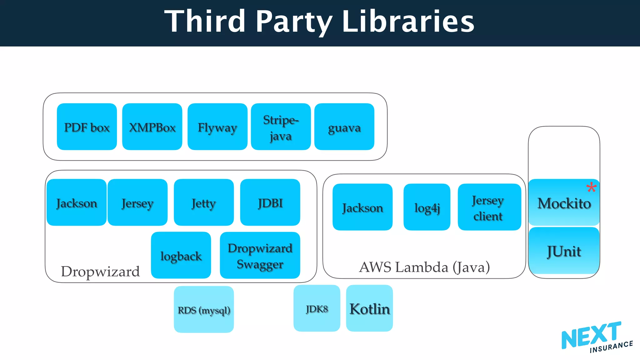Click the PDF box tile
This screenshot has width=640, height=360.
pyautogui.click(x=87, y=127)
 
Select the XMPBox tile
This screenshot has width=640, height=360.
pyautogui.click(x=152, y=127)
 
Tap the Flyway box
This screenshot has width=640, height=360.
pyautogui.click(x=217, y=127)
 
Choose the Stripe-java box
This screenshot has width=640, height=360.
pyautogui.click(x=281, y=127)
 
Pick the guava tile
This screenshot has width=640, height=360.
pyautogui.click(x=344, y=127)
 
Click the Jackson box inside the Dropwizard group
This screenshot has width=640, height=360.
pyautogui.click(x=77, y=202)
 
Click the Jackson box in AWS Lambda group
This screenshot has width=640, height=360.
pyautogui.click(x=362, y=207)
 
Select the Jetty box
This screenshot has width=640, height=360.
pyautogui.click(x=204, y=202)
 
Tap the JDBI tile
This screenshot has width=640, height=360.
pyautogui.click(x=270, y=202)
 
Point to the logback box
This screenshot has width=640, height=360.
pyautogui.click(x=181, y=255)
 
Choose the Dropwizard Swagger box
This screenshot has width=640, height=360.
pyautogui.click(x=260, y=255)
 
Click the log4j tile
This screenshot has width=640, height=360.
pyautogui.click(x=427, y=207)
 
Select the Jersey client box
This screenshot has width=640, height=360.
pyautogui.click(x=489, y=207)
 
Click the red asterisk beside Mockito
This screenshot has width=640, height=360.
pyautogui.click(x=591, y=187)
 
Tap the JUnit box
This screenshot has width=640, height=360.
pyautogui.click(x=564, y=251)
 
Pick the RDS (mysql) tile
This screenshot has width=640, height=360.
pyautogui.click(x=204, y=309)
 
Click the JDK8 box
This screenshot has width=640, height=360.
pyautogui.click(x=317, y=308)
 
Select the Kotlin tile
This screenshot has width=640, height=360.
pyautogui.click(x=369, y=308)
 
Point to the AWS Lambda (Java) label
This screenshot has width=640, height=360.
pyautogui.click(x=424, y=267)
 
